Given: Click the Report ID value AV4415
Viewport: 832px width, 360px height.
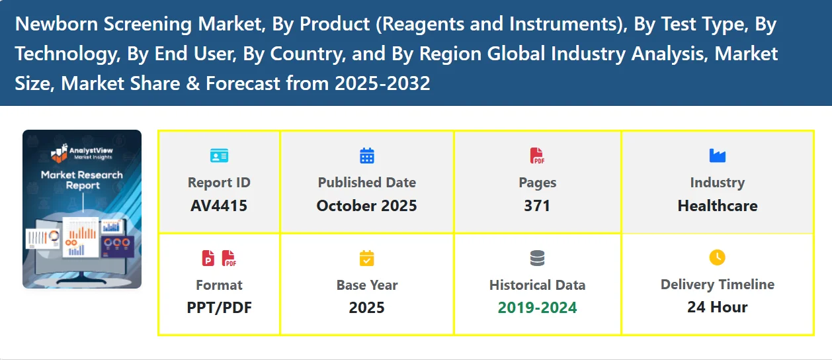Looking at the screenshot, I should pyautogui.click(x=219, y=206).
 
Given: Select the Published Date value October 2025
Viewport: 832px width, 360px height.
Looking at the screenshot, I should pyautogui.click(x=366, y=206).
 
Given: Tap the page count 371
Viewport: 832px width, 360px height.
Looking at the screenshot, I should pyautogui.click(x=537, y=206).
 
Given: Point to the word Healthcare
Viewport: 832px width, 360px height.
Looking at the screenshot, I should pyautogui.click(x=718, y=206).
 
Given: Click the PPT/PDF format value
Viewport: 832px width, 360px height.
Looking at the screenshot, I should pyautogui.click(x=219, y=308).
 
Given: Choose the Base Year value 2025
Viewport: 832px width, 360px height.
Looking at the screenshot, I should pyautogui.click(x=366, y=308).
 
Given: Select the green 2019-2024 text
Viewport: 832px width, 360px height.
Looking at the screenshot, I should pyautogui.click(x=537, y=308).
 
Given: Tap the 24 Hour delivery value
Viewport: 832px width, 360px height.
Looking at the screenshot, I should pyautogui.click(x=718, y=307).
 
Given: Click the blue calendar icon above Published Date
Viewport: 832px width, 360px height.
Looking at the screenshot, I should pyautogui.click(x=367, y=156).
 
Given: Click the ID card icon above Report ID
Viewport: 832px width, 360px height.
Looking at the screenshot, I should pyautogui.click(x=219, y=156).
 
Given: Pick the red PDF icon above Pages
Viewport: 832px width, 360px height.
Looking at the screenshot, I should pyautogui.click(x=537, y=156).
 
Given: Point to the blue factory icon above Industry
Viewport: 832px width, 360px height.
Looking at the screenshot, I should pyautogui.click(x=718, y=156).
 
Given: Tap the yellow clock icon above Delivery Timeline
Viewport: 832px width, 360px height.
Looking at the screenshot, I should pyautogui.click(x=718, y=257).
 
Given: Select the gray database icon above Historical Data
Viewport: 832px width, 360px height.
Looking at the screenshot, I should pyautogui.click(x=537, y=258).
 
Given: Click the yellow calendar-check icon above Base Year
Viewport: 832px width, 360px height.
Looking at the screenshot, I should pyautogui.click(x=366, y=258).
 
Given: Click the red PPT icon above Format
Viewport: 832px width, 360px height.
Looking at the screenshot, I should pyautogui.click(x=208, y=258).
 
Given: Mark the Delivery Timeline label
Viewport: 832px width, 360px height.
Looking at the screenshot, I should pyautogui.click(x=718, y=285).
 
